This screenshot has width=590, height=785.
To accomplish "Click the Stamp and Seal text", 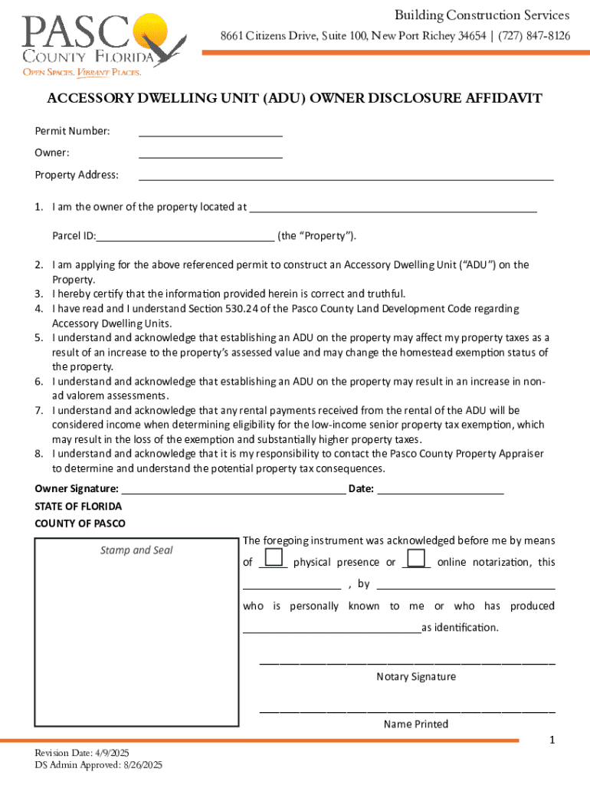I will click(136, 550).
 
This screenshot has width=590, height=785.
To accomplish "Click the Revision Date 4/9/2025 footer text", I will click(82, 754).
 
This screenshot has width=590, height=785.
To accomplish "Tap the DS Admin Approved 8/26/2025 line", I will click(98, 765).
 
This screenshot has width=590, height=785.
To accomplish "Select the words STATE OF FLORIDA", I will click(78, 507).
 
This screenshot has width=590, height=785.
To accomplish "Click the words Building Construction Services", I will click(482, 15).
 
